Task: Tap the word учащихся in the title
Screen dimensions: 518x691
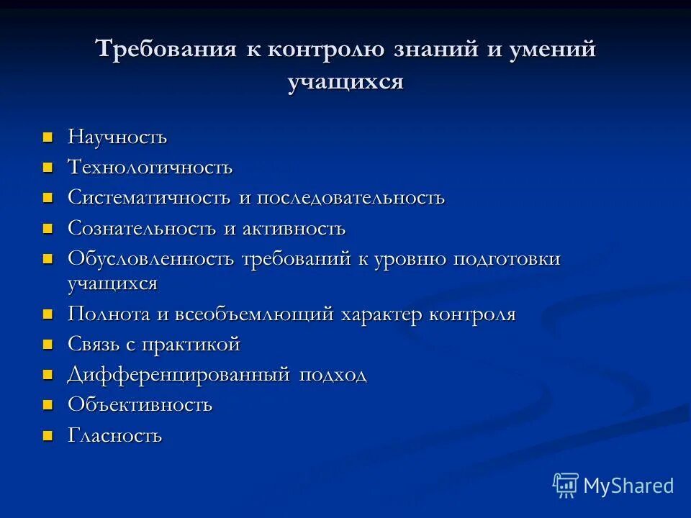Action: click(x=345, y=82)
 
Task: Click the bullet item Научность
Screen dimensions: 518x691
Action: click(x=117, y=137)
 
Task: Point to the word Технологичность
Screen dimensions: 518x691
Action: click(x=150, y=167)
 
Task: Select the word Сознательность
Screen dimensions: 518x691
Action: click(x=142, y=229)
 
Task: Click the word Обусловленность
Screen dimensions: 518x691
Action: click(x=151, y=259)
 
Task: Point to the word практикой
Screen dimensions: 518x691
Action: click(x=191, y=345)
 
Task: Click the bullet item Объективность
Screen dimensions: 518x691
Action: click(x=140, y=404)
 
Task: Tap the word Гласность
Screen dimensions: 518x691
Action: click(x=115, y=435)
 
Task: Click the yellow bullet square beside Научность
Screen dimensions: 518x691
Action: click(x=48, y=136)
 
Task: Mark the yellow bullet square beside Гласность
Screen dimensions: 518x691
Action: click(x=48, y=435)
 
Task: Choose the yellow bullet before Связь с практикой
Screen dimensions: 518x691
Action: click(x=48, y=345)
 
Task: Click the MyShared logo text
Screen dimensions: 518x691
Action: click(x=628, y=486)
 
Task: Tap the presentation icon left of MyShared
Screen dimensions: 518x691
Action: click(x=566, y=486)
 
